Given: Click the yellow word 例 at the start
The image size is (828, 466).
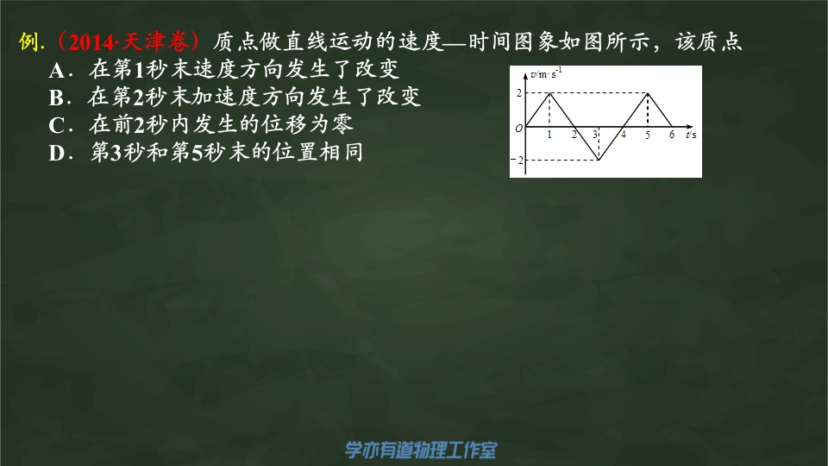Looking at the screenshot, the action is coord(28,41).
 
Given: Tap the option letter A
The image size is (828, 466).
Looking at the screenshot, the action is coord(57,70).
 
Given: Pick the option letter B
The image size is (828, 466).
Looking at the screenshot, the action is coord(56,98).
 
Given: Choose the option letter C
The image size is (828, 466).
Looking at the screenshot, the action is coord(57,125).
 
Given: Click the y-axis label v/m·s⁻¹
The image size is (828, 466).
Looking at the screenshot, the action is coord(546,72).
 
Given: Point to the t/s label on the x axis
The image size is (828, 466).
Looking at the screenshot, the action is coord(691,135).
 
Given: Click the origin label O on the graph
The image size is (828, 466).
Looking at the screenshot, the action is coord(518,128).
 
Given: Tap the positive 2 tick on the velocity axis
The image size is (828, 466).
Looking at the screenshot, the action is coord(518,93).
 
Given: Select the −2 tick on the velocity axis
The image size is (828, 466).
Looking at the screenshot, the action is coord(517,160).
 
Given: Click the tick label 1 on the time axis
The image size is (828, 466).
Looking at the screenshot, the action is coord(549,135).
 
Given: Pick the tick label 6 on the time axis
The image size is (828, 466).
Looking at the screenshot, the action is coord(672,135).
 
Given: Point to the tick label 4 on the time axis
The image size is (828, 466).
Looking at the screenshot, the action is coord(623,135).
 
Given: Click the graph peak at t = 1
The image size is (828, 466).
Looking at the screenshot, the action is coord(549,93).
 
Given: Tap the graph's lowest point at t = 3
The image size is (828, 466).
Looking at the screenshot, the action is coord(599,160).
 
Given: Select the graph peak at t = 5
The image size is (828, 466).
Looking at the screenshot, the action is coord(648,93).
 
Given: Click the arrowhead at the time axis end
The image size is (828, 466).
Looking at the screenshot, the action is coord(689,126).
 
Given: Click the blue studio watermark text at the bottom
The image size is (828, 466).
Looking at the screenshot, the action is coord(421,450).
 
